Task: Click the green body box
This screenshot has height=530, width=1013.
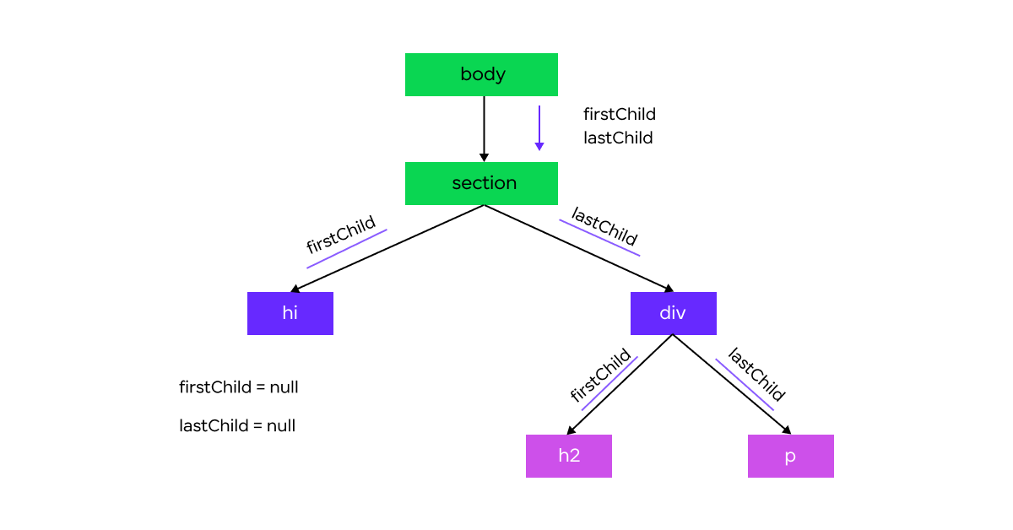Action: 481,74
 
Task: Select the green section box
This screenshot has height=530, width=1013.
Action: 481,183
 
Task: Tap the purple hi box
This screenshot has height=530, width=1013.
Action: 290,313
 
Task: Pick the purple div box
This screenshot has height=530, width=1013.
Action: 674,313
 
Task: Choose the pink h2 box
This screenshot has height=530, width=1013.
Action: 569,456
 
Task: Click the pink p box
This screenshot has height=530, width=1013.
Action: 790,456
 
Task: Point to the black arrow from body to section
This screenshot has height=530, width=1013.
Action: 484,129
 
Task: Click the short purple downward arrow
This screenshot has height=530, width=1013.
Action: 539,128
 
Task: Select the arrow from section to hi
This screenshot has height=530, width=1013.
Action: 387,249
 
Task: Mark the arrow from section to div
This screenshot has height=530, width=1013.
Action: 579,249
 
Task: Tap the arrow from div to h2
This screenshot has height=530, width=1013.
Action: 620,384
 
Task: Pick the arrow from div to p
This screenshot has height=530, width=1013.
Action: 732,384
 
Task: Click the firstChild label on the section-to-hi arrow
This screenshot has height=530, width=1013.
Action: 341,235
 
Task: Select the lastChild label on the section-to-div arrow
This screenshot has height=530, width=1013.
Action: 604,225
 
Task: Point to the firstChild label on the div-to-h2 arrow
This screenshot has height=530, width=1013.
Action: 600,375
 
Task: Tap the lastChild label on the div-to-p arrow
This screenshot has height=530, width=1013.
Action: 756,375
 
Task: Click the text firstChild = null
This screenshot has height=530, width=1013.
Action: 238,387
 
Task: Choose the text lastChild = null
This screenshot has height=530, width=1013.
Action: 237,425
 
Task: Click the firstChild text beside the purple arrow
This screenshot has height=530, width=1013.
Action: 619,114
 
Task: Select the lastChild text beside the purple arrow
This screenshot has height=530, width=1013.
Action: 618,138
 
